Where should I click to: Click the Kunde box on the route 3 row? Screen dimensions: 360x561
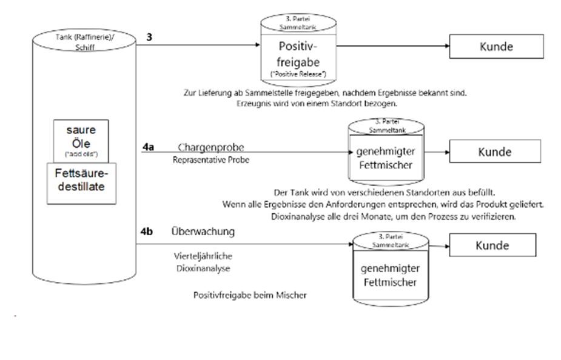point(495,46)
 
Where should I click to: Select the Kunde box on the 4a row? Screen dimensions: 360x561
point(496,152)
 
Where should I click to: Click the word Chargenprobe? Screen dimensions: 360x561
point(203,148)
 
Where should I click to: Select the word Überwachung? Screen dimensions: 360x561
point(203,232)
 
